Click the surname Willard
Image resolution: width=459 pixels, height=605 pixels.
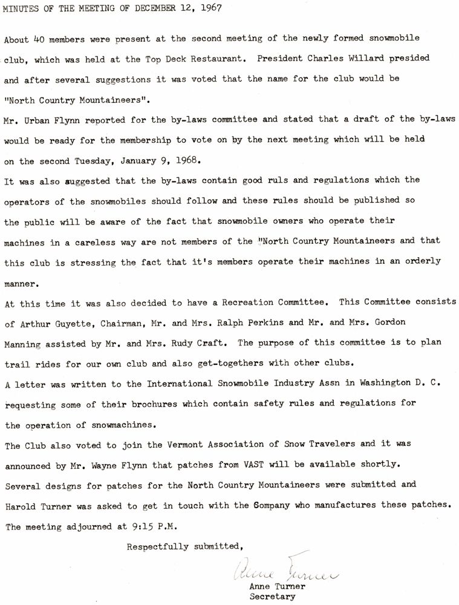354,59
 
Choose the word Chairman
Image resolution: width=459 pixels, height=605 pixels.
128,324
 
